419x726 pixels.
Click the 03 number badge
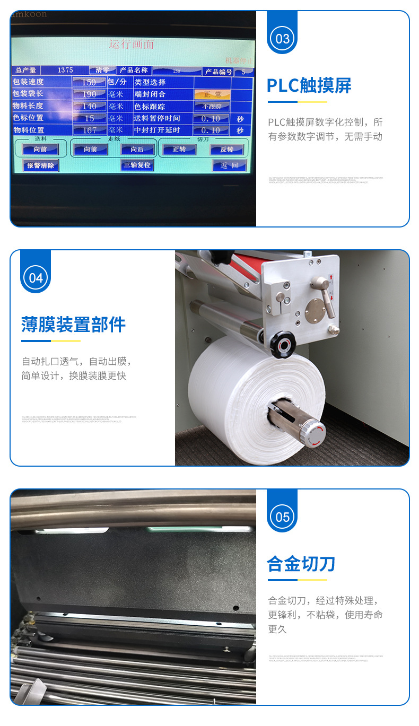pyautogui.click(x=282, y=39)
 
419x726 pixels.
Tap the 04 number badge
pyautogui.click(x=36, y=278)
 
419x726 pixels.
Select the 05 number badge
pyautogui.click(x=282, y=517)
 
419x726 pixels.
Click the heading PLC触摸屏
pyautogui.click(x=309, y=85)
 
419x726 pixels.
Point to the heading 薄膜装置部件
pyautogui.click(x=73, y=324)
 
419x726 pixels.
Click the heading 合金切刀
pyautogui.click(x=301, y=563)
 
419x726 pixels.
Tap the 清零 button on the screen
pyautogui.click(x=102, y=70)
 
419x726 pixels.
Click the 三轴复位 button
pyautogui.click(x=137, y=165)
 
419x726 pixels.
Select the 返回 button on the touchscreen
pyautogui.click(x=229, y=165)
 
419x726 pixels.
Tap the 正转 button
pyautogui.click(x=179, y=150)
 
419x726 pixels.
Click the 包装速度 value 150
pyautogui.click(x=89, y=82)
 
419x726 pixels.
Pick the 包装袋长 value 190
pyautogui.click(x=89, y=94)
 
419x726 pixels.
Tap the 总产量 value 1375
pyautogui.click(x=65, y=70)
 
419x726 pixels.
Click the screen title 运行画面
pyautogui.click(x=132, y=45)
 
